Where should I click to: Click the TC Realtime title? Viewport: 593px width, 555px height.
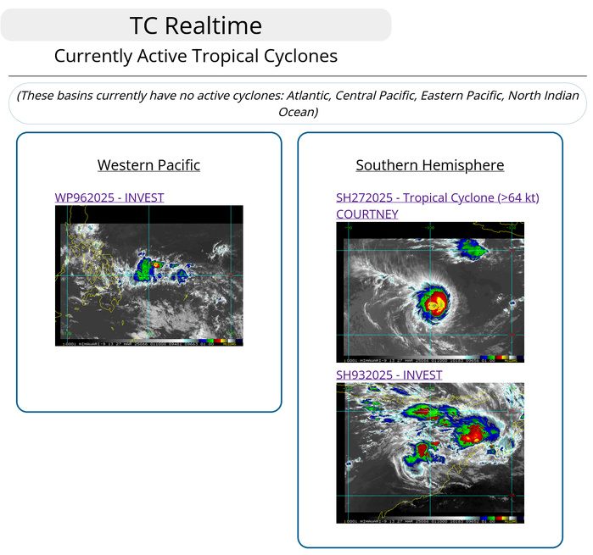[x=196, y=25]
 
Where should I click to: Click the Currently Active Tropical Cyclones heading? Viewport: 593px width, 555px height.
[x=196, y=56]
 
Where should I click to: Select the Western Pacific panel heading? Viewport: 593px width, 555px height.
[x=148, y=165]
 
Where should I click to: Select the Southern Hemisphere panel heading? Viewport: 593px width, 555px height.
[x=430, y=165]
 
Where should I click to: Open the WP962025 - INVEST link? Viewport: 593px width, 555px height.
[x=109, y=197]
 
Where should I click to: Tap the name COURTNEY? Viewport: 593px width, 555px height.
[x=367, y=214]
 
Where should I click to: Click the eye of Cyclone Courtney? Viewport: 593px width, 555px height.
[x=434, y=303]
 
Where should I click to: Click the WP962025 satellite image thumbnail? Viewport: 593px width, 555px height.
[x=149, y=275]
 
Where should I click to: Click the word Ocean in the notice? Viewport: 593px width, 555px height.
[x=298, y=112]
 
